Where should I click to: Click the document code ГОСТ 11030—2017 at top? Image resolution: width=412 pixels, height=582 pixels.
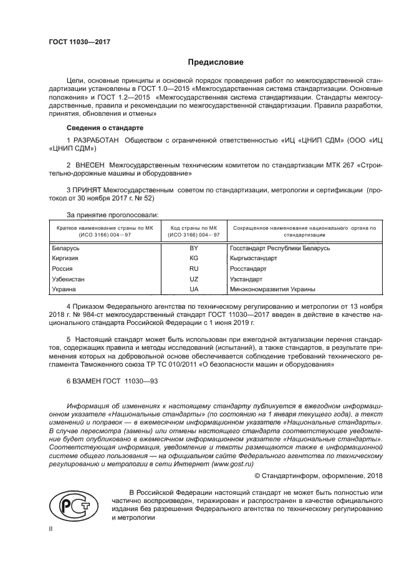coord(79,43)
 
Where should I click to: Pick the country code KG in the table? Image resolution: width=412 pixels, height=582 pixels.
coord(194,258)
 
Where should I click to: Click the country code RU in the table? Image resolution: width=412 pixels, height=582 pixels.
coord(194,269)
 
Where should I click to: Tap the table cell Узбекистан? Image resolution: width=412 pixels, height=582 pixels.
coord(68,279)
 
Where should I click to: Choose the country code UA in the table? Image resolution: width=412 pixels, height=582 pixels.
coord(194,289)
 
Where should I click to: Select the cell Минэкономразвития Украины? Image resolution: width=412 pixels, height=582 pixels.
coord(272,289)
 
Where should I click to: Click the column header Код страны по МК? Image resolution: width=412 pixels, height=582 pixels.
coord(194,228)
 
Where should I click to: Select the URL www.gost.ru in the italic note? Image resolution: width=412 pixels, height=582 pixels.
coord(234,463)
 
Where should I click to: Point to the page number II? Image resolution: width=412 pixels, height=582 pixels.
coord(52,528)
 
